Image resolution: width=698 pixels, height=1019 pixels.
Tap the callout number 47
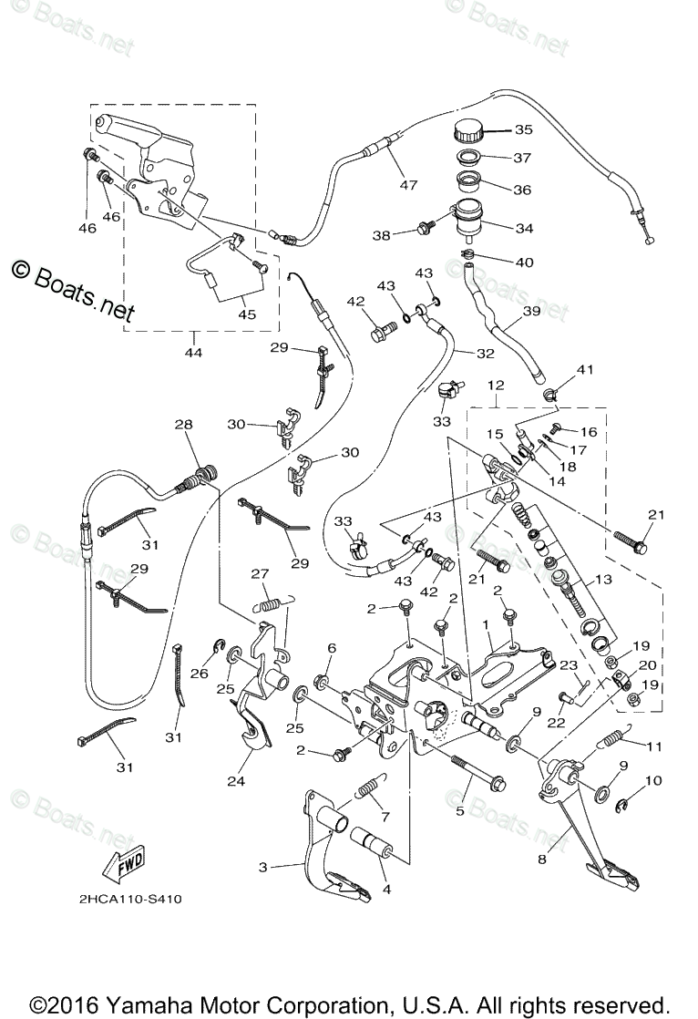tap(408, 185)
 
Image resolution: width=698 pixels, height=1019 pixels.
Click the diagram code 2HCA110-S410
tap(130, 900)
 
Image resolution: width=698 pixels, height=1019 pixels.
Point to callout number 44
tap(194, 353)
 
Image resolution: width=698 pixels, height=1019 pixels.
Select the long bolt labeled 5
tap(479, 772)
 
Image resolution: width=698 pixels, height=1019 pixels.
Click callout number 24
tap(236, 780)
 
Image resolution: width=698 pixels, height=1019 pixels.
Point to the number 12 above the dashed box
tap(495, 386)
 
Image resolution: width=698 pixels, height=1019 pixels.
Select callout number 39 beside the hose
tap(531, 312)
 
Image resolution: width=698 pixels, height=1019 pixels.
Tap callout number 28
tap(183, 425)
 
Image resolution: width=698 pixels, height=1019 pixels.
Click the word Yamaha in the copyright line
tap(144, 1004)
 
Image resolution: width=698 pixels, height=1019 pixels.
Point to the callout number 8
tap(542, 859)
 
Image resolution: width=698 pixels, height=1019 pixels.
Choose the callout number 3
tap(262, 867)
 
